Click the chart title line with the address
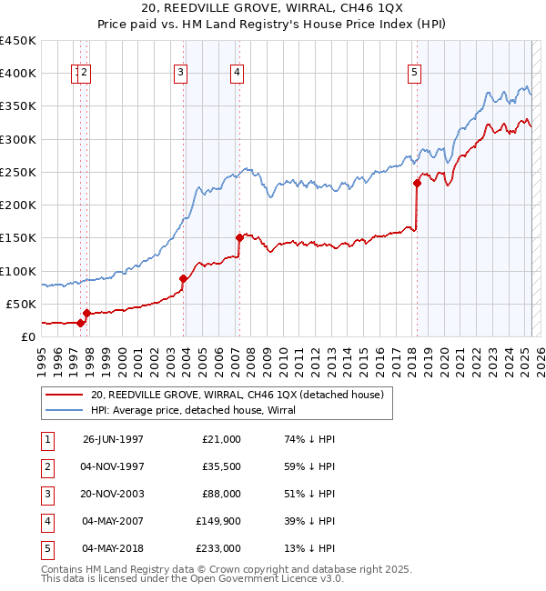click(272, 9)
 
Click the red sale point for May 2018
click(417, 183)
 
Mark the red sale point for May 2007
click(239, 238)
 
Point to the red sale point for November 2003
click(183, 278)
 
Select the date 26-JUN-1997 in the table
click(113, 439)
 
